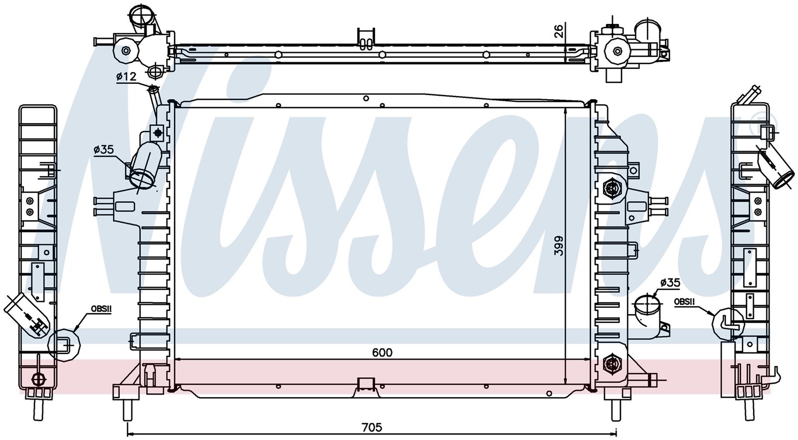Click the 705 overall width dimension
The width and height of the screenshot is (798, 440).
(372, 427)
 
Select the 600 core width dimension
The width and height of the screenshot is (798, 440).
(382, 353)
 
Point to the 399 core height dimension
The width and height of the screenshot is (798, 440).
(559, 246)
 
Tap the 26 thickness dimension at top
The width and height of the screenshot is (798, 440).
(559, 31)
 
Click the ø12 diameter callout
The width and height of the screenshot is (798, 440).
(127, 76)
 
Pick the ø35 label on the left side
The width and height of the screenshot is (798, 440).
(104, 150)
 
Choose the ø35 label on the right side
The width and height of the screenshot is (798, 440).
(670, 283)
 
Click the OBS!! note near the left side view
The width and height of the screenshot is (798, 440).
(102, 309)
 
